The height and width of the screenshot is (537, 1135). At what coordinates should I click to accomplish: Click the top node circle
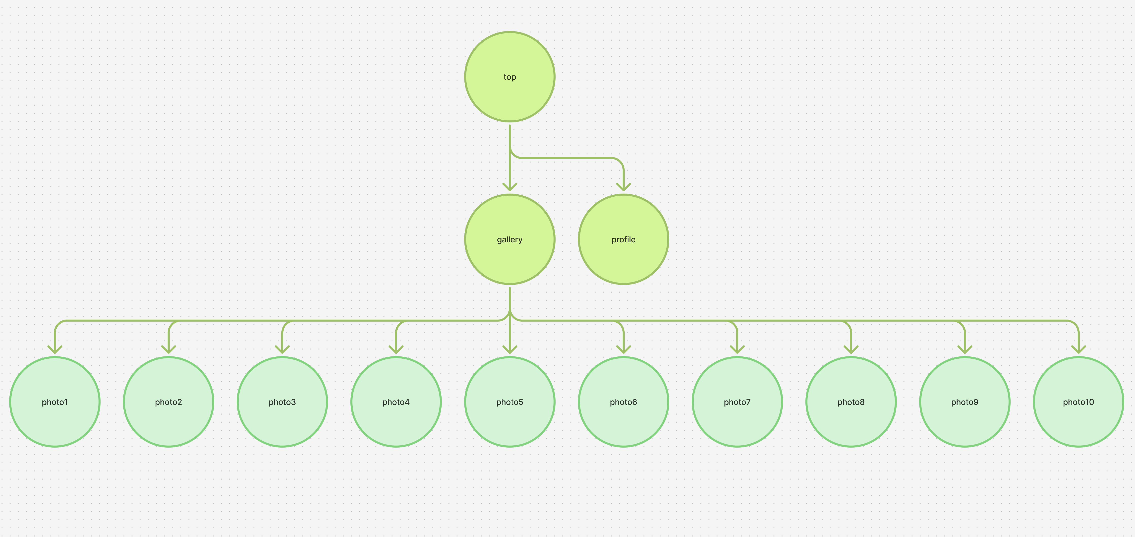coord(510,77)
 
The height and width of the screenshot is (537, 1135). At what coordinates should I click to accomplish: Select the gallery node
coord(510,239)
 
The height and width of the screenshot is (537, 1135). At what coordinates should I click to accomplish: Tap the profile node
coord(623,239)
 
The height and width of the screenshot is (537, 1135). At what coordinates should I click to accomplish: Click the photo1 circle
coord(55,402)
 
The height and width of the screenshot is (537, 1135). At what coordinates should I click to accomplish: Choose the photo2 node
coord(168,402)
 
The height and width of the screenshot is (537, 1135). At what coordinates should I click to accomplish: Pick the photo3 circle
coord(282,402)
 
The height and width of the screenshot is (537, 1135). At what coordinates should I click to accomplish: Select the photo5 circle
coord(510,402)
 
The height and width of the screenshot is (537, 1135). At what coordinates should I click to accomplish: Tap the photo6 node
coord(623,402)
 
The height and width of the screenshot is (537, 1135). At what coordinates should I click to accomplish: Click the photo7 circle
coord(737,402)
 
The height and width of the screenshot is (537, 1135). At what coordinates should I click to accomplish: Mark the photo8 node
coord(851,402)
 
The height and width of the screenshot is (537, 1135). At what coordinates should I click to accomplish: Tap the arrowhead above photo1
coord(55,350)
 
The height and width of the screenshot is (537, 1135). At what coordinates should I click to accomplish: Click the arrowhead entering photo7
coord(737,350)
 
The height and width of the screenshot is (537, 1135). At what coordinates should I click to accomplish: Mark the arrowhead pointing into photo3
coord(282,350)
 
